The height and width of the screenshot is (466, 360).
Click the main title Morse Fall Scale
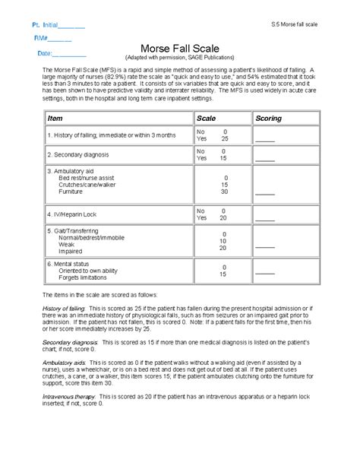click(179, 46)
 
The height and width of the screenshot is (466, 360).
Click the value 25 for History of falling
click(224, 139)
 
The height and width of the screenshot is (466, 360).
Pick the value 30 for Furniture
click(224, 192)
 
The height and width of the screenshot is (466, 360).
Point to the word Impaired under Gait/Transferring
click(71, 250)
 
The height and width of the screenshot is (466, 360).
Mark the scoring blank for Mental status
click(264, 275)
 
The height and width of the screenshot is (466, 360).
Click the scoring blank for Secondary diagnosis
click(264, 160)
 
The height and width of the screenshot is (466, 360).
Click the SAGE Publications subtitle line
click(179, 58)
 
